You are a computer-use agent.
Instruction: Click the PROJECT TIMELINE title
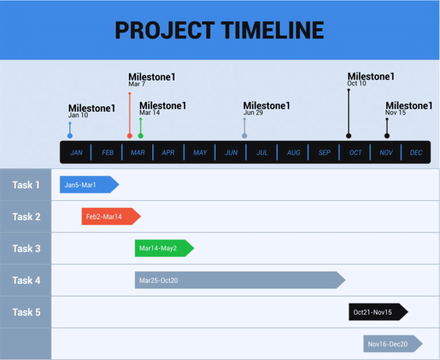(219, 30)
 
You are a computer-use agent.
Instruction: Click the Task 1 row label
(26, 185)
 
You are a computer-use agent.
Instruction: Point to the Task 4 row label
(26, 280)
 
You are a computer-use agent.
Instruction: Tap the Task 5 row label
(26, 312)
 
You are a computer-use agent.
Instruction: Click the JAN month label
(76, 153)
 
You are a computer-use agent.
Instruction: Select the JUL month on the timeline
(262, 153)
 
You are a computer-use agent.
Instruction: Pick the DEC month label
(416, 153)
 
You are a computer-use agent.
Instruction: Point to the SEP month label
(324, 153)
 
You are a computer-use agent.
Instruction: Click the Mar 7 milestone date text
(137, 84)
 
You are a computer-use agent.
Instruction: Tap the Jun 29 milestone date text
(253, 113)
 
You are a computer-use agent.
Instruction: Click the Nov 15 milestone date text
(395, 113)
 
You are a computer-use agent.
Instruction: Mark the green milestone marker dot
(140, 136)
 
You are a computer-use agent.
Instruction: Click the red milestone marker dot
(129, 136)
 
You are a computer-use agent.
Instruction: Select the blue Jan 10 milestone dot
(70, 136)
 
